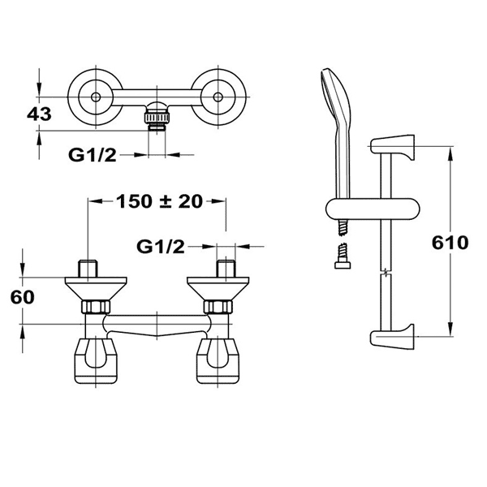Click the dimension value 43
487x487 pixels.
[x=39, y=114]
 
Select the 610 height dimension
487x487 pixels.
[x=450, y=243]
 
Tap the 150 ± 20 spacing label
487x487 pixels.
[x=159, y=201]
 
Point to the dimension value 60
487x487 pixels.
[x=23, y=297]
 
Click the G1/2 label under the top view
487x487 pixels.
[x=93, y=155]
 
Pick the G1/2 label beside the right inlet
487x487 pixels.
[x=161, y=247]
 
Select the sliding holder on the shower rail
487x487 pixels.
[x=373, y=209]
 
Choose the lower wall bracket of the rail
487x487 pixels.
[x=392, y=335]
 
